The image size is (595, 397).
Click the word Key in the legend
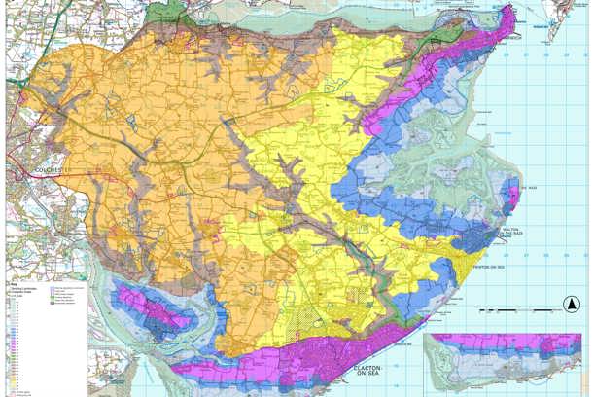[15, 283]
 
